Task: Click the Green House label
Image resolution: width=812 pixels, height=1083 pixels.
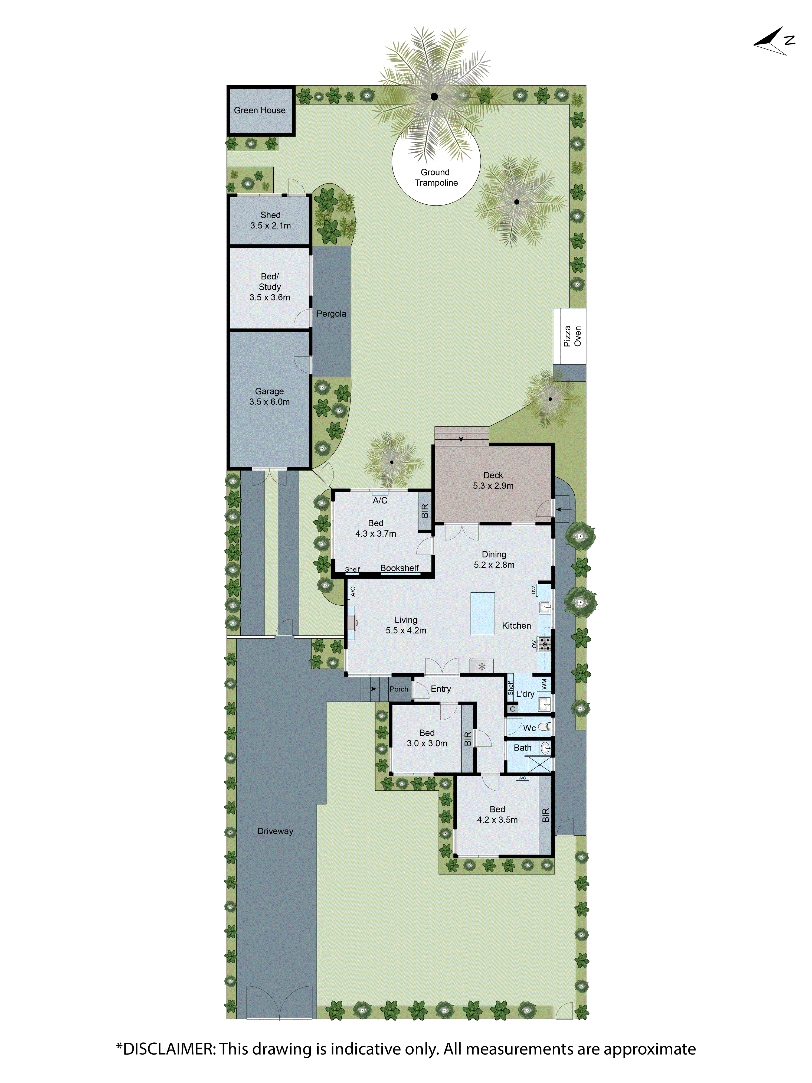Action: point(259,110)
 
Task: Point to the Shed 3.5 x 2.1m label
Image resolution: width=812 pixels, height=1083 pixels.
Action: point(270,220)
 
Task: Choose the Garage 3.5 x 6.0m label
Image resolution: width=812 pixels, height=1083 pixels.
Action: point(269,397)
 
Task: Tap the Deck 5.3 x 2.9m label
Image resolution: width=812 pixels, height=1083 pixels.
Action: point(493,480)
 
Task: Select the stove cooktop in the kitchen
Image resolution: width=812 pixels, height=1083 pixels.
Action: point(544,644)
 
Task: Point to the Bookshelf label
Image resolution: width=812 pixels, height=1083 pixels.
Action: point(400,568)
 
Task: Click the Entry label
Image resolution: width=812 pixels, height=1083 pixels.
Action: point(440,689)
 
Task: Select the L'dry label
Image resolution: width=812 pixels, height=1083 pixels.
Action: point(525,694)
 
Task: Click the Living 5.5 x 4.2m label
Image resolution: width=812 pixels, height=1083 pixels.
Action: point(406,625)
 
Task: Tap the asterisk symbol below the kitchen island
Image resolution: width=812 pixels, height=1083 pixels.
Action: point(482,666)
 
